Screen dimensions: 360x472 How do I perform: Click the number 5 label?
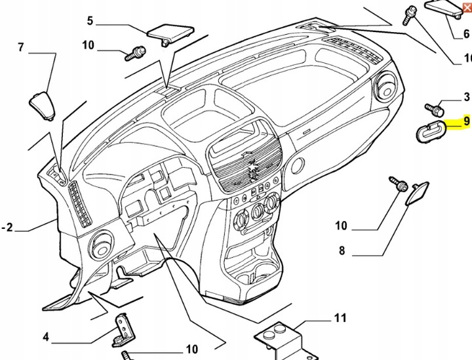coord(90,20)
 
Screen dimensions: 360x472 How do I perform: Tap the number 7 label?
coord(20,47)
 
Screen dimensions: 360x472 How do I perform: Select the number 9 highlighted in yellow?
coord(466,121)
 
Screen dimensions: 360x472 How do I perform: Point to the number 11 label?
coord(340,319)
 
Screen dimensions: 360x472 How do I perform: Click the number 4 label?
coord(46,338)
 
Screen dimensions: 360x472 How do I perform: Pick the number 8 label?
coord(342,250)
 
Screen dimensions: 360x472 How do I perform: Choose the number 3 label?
coord(466,98)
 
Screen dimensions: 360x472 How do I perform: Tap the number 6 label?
coord(466,34)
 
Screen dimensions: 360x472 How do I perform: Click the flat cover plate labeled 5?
coord(168,33)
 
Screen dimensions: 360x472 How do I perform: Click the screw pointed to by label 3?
coord(434,107)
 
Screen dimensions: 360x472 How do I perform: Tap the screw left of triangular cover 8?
coord(395,184)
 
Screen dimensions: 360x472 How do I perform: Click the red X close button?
coord(466,7)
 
